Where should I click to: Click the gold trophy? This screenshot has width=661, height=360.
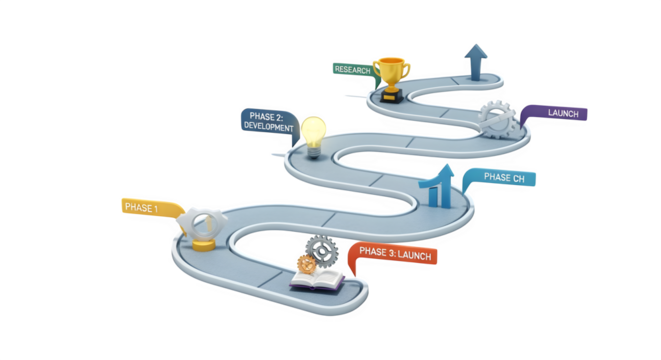(x=391, y=72)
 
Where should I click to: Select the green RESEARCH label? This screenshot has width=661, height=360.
(x=351, y=69)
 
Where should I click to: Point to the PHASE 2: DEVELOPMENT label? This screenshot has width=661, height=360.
(x=268, y=122)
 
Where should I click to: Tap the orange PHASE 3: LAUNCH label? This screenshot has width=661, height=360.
(x=394, y=254)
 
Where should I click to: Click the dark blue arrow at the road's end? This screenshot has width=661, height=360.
(x=477, y=57)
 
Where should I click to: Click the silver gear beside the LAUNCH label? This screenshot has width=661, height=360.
(x=497, y=119)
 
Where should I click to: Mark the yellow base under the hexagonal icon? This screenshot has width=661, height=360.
(x=204, y=243)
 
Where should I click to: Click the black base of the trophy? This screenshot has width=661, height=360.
(x=390, y=95)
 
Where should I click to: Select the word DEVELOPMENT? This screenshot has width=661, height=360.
(x=268, y=127)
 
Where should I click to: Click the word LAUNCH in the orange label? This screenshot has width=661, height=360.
(x=412, y=254)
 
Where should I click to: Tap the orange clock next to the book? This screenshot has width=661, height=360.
(x=306, y=265)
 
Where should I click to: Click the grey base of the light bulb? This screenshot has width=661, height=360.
(x=314, y=152)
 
